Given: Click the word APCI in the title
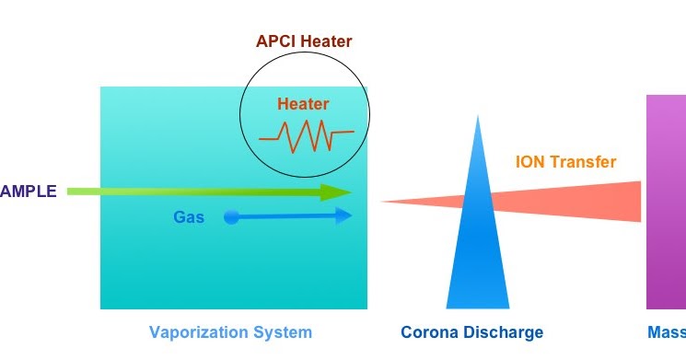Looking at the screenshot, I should click(x=276, y=41).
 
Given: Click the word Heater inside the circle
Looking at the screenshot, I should click(x=303, y=104).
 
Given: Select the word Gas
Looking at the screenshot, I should click(x=188, y=217).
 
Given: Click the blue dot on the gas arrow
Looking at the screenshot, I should click(x=231, y=217).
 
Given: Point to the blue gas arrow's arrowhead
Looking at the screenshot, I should click(x=344, y=216).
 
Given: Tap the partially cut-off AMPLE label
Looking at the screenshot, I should click(x=29, y=192).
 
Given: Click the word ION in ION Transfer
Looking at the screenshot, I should click(x=530, y=163).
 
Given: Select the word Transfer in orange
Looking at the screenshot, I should click(x=583, y=163).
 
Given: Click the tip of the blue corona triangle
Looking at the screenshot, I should click(x=477, y=117).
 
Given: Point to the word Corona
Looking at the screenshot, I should click(x=429, y=332).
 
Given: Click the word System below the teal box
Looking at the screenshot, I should click(x=285, y=332).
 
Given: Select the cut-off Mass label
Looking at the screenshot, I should click(x=664, y=332).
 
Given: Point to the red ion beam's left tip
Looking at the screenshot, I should click(x=382, y=202).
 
